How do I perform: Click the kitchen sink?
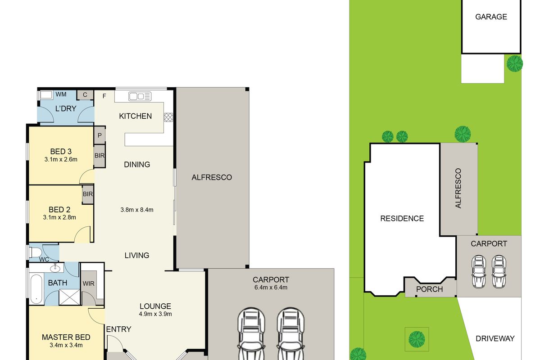point(140,96)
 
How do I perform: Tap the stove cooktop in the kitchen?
point(168,117)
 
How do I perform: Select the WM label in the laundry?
point(61,94)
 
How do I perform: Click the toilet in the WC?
point(35,252)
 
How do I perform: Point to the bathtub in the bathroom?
point(36,289)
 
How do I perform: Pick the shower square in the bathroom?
point(70,297)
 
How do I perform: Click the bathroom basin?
point(55,268)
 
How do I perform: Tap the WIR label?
point(88,283)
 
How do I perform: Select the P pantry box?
point(100,135)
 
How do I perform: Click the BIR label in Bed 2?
point(88,194)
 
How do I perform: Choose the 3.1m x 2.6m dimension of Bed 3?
point(61,159)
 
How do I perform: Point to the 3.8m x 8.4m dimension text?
point(137,210)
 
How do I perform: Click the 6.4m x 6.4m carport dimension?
point(271,287)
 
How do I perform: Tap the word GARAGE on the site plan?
point(491,17)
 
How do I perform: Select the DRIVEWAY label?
point(495,338)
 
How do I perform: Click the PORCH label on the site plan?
point(429,289)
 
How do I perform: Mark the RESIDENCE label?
point(402,218)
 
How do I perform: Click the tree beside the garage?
point(515,63)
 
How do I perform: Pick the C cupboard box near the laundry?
point(85,95)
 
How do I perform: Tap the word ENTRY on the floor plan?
point(118,329)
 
